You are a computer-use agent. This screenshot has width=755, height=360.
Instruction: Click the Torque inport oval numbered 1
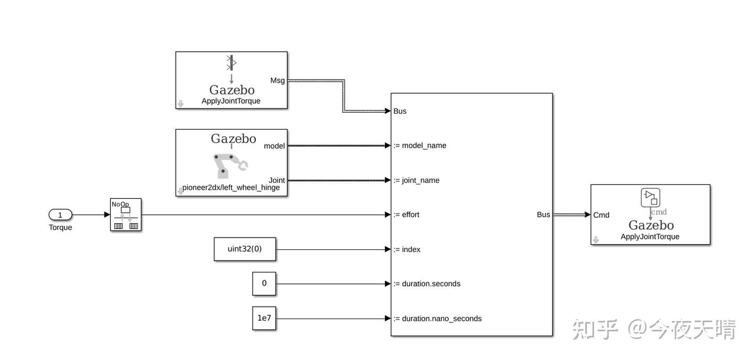(60, 214)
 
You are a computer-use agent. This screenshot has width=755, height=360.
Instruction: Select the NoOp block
(126, 214)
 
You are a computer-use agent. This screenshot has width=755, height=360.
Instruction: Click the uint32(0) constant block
(245, 249)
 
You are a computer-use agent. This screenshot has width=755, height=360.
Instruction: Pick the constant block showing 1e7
(264, 318)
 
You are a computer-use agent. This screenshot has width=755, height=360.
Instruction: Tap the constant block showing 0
(264, 283)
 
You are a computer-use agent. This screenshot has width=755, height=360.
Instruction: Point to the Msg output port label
(277, 81)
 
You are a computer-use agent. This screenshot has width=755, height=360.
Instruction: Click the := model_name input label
(420, 146)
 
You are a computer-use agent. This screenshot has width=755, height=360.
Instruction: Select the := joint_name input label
(417, 180)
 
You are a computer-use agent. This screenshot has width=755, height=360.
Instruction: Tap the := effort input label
(406, 214)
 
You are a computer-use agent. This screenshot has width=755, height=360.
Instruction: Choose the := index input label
(407, 249)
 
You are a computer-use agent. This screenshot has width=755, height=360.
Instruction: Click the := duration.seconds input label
(427, 283)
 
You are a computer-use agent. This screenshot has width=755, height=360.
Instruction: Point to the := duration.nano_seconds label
(437, 319)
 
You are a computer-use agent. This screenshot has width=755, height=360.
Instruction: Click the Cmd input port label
(601, 215)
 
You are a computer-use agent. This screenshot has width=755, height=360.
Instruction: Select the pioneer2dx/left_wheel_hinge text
(231, 188)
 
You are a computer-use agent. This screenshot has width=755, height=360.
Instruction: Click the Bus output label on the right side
(543, 214)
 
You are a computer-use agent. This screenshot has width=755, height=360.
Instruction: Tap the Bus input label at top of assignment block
(400, 111)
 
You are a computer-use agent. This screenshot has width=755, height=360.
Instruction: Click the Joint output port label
(277, 180)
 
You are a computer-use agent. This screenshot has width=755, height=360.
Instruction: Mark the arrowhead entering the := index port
(388, 249)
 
